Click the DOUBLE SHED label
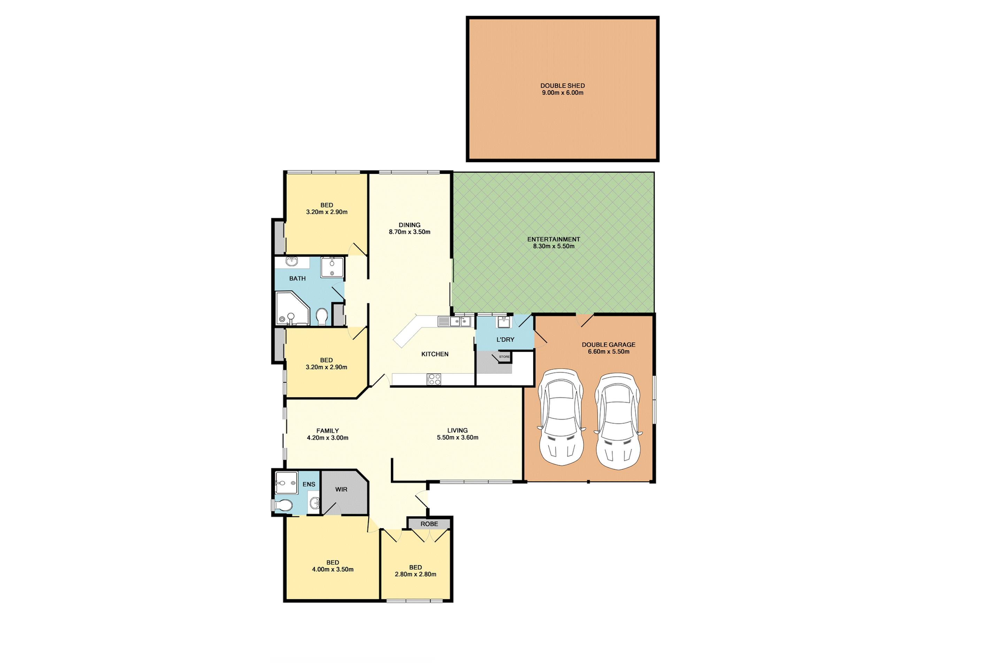562,86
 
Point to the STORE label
504,357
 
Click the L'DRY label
505,340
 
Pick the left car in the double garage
561,417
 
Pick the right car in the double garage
618,421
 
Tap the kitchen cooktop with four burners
434,379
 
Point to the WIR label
341,490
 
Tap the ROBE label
429,524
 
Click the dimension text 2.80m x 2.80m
415,574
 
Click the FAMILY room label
327,431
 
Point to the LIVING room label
457,430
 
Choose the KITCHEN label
435,354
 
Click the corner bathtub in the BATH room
292,308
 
